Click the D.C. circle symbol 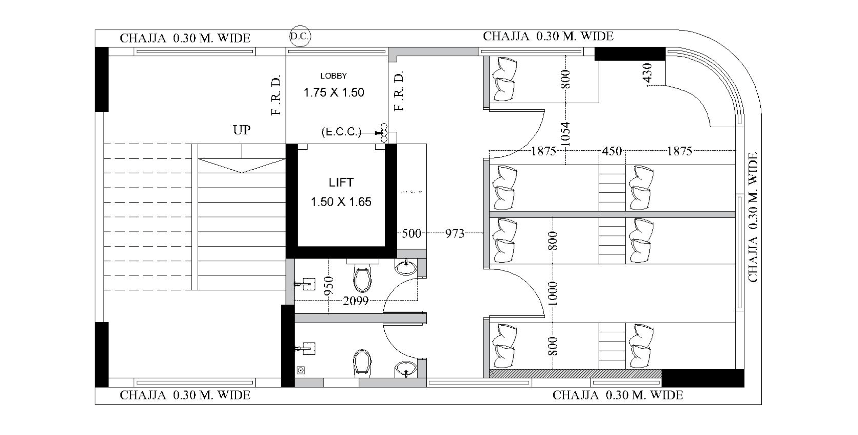pos(300,36)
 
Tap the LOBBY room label pos(333,76)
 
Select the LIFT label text pos(341,183)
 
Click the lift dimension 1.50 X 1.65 pos(341,202)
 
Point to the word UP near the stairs pos(242,130)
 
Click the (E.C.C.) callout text pos(341,132)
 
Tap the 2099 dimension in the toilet pos(355,301)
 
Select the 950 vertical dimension pos(329,286)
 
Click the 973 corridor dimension pos(455,233)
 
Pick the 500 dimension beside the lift pos(411,233)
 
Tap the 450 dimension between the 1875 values pos(612,151)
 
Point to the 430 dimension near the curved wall pos(647,73)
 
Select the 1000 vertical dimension pos(553,293)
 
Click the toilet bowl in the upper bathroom pos(362,279)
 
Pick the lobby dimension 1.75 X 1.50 pos(334,93)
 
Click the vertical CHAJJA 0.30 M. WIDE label pos(753,217)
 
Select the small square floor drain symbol pos(301,370)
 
